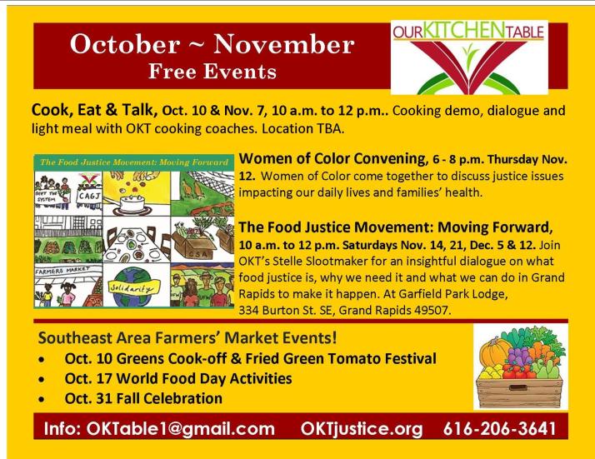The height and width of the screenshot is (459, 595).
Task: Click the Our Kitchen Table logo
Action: pyautogui.click(x=471, y=57)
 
